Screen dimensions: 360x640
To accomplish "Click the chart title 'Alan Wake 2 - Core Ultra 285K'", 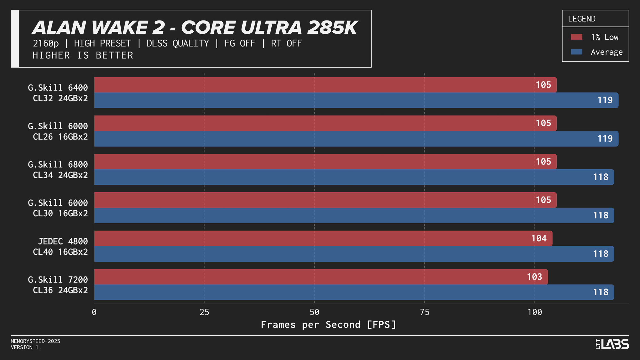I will pos(195,28).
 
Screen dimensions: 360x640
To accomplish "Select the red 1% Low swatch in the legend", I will pos(576,37).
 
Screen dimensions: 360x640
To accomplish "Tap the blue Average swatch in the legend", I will pos(576,52).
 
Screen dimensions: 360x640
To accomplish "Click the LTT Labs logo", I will pos(612,344).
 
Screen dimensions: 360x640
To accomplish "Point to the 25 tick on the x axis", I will pos(204,312).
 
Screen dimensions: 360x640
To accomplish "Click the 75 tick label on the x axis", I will pos(424,312).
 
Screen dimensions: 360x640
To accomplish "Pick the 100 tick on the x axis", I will pos(534,312).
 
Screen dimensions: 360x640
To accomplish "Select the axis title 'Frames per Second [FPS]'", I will pos(328,324).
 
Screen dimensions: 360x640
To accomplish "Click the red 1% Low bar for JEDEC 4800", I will pos(320,238).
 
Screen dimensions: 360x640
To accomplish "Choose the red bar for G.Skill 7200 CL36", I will pos(320,277).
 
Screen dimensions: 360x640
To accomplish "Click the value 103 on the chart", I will pos(534,277).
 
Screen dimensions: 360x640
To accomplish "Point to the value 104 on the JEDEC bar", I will pos(539,238).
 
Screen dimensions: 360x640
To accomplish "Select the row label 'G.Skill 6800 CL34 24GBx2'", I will pos(58,170).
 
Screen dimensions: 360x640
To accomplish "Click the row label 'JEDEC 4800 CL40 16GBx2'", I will pos(60,246).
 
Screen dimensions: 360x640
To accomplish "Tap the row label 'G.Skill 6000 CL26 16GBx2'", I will pos(58,131).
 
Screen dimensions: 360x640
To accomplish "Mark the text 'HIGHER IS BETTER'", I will pos(83,55).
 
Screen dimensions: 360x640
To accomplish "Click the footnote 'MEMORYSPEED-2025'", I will pos(36,341).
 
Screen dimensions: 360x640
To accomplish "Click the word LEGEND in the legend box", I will pos(581,19).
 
